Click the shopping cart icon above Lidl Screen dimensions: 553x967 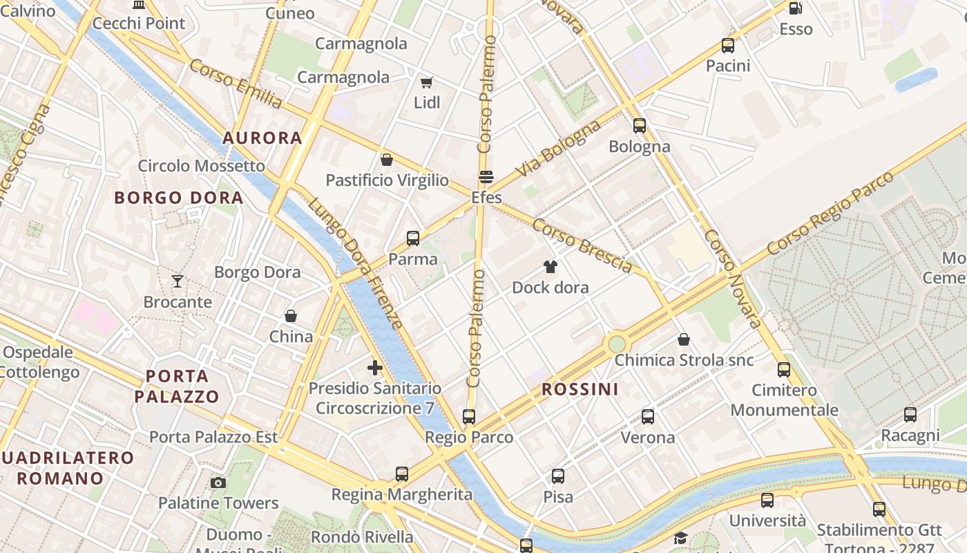click(426, 83)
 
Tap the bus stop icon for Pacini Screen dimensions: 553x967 click(728, 46)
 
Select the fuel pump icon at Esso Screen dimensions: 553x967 click(796, 8)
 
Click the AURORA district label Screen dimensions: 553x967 click(262, 138)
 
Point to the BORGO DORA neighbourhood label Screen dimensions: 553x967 click(179, 198)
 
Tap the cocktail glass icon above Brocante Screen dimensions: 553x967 click(178, 281)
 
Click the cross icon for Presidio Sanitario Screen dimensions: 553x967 click(375, 368)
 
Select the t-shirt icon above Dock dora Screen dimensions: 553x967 click(550, 266)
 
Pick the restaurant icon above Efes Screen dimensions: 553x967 click(486, 177)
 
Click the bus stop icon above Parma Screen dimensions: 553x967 click(413, 238)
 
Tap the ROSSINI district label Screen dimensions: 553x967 click(580, 389)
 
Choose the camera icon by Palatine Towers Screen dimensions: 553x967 click(218, 482)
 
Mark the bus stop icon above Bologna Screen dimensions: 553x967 click(640, 126)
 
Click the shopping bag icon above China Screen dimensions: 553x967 click(291, 316)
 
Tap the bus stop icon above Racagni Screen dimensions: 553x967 click(910, 415)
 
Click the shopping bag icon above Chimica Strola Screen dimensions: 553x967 click(684, 339)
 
